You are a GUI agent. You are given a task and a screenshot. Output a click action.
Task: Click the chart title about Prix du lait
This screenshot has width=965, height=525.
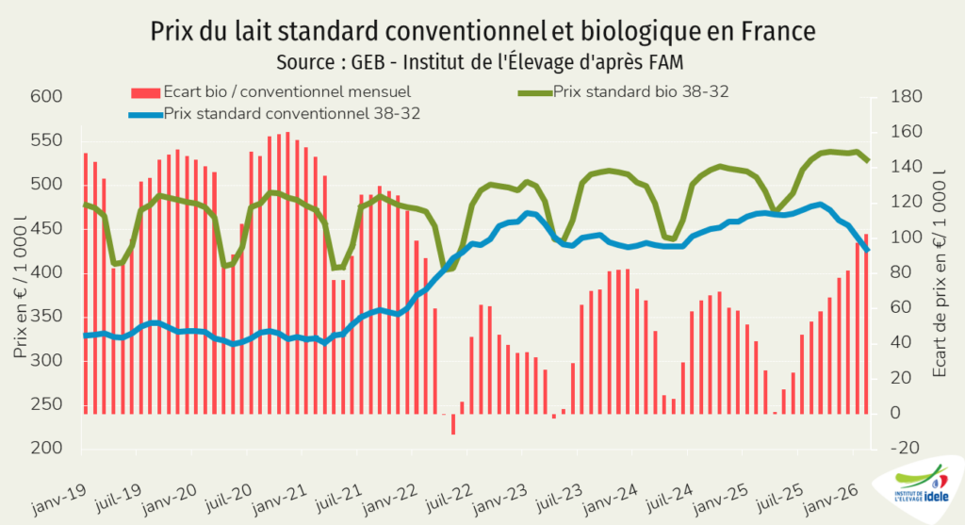[482, 30]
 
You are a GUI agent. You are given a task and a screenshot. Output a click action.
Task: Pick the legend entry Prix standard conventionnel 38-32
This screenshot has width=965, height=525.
[291, 113]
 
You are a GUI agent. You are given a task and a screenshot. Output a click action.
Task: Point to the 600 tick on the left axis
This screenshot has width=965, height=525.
[45, 96]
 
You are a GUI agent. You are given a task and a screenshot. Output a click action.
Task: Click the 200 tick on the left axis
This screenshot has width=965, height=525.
[45, 449]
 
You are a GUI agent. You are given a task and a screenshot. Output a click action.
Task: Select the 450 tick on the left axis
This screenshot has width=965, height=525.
[45, 228]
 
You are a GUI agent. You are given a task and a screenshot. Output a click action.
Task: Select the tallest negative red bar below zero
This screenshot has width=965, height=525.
[453, 424]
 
